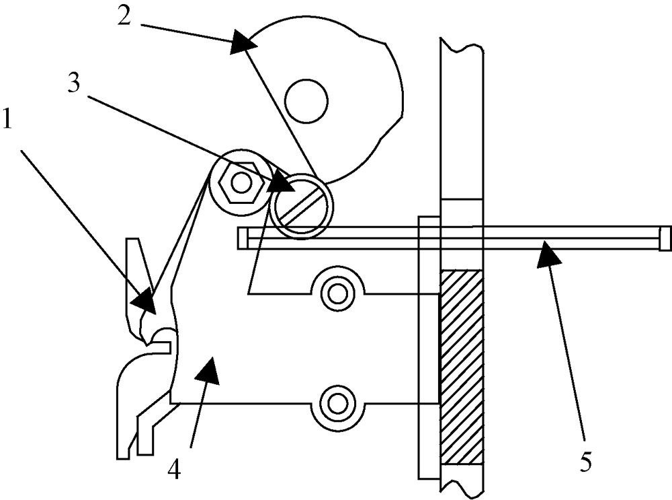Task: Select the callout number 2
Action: (x=124, y=16)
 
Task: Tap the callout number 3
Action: (x=74, y=83)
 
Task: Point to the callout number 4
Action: (x=174, y=469)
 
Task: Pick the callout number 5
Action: (x=586, y=462)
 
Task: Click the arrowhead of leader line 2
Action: (x=243, y=42)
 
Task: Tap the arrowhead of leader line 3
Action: (x=282, y=182)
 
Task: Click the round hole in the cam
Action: (x=307, y=102)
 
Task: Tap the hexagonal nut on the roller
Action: (x=240, y=182)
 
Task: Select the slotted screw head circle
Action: (x=302, y=206)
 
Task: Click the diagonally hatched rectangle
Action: (x=462, y=367)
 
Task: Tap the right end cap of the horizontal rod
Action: (x=665, y=238)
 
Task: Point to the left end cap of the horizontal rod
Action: (x=243, y=238)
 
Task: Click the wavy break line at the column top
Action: (x=462, y=45)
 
